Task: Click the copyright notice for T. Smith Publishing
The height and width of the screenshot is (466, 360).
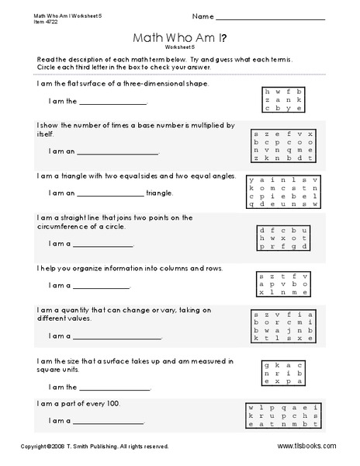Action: click(95, 447)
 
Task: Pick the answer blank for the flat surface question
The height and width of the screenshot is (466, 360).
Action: click(112, 102)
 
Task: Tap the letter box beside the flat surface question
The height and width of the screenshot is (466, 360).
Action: click(282, 99)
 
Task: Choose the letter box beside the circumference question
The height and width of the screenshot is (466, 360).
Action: click(283, 238)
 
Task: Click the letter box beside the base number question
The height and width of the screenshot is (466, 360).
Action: click(280, 146)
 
